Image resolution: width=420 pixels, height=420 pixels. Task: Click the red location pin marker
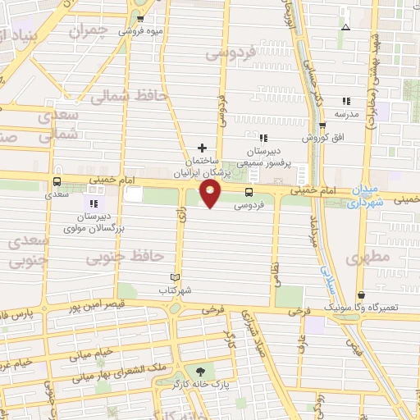click(x=211, y=194)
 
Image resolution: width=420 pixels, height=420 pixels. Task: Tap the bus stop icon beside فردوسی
click(x=249, y=192)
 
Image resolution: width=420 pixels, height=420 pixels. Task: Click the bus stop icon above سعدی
click(x=57, y=181)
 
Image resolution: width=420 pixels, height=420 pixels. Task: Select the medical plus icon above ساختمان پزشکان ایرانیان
click(x=202, y=148)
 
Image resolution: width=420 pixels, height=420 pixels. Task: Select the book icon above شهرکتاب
click(x=174, y=277)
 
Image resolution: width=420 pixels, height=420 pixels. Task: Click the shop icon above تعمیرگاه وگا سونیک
click(x=362, y=294)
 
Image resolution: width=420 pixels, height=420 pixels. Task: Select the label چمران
click(x=88, y=31)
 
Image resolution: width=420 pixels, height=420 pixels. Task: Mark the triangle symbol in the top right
click(x=345, y=27)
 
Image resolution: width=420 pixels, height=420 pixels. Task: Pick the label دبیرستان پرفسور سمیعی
click(x=265, y=157)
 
